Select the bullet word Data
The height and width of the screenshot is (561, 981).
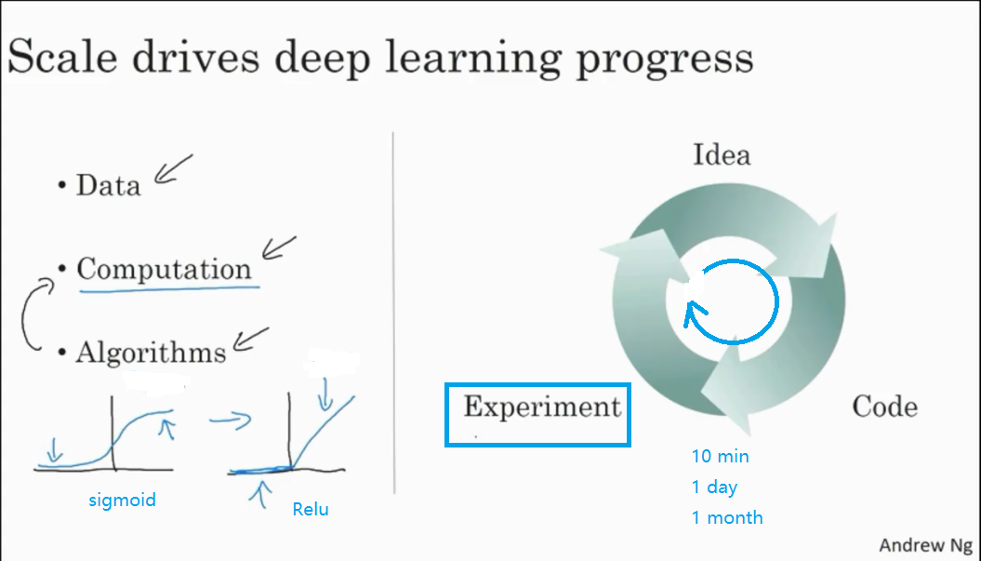[108, 185]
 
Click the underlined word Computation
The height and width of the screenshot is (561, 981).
[164, 270]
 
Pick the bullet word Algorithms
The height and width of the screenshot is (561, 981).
[151, 353]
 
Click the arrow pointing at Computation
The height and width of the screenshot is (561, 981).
[278, 248]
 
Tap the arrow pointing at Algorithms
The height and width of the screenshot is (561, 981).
[250, 340]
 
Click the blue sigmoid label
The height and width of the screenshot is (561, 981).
[123, 501]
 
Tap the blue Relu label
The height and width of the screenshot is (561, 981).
[310, 509]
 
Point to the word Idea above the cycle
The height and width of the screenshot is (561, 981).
[721, 154]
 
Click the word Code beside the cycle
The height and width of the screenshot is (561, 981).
[884, 407]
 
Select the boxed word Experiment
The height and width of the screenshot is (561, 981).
[542, 407]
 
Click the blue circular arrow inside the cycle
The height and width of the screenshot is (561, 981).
[732, 301]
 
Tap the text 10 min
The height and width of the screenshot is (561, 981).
[720, 457]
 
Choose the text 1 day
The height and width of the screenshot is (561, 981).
[714, 487]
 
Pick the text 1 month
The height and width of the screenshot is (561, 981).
[726, 517]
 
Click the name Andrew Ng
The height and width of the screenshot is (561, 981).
[924, 545]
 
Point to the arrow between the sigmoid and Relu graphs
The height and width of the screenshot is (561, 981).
[229, 421]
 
